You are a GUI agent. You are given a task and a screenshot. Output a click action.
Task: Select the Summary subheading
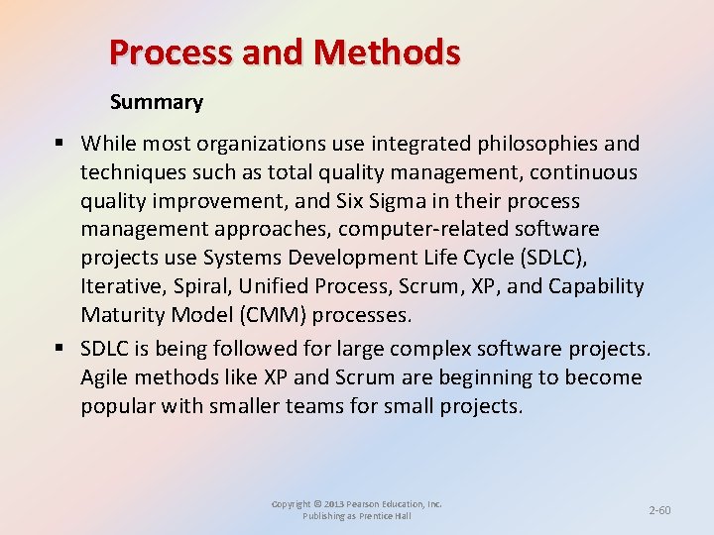157,102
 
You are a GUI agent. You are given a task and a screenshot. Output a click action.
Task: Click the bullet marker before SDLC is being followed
61,349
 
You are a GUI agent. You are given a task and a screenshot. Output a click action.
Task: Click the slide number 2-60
659,510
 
